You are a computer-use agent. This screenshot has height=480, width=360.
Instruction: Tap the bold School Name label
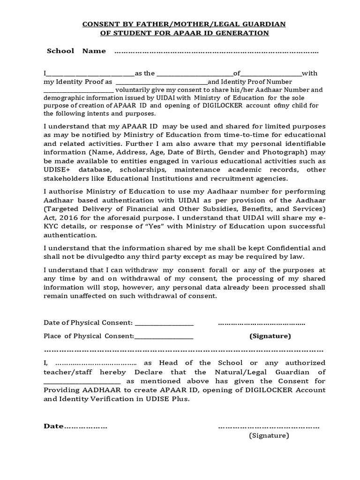pyautogui.click(x=76, y=51)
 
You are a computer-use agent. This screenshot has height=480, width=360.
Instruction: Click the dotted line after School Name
pyautogui.click(x=216, y=52)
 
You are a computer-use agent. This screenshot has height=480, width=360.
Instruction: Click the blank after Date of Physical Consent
pyautogui.click(x=164, y=323)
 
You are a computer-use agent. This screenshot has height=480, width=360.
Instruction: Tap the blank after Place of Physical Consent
pyautogui.click(x=164, y=337)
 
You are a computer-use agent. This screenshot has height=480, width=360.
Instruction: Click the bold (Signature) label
pyautogui.click(x=270, y=336)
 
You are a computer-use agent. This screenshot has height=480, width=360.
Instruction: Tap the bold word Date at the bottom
pyautogui.click(x=53, y=426)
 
